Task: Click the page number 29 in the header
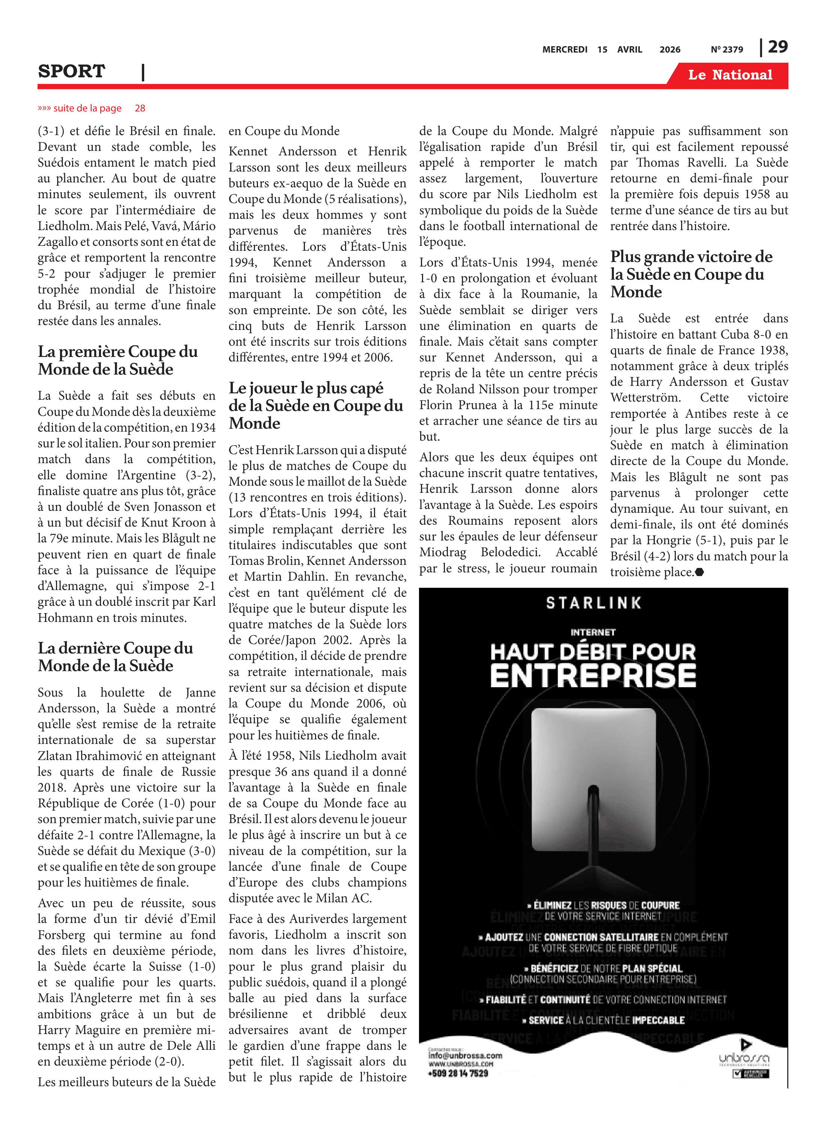pyautogui.click(x=778, y=47)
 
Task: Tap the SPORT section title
pyautogui.click(x=71, y=71)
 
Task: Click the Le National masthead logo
pyautogui.click(x=730, y=75)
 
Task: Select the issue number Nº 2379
pyautogui.click(x=727, y=50)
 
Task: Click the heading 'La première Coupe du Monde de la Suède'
pyautogui.click(x=118, y=360)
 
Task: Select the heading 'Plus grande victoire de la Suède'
pyautogui.click(x=691, y=274)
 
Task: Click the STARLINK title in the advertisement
pyautogui.click(x=594, y=603)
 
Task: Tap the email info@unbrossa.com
pyautogui.click(x=465, y=1055)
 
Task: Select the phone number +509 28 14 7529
pyautogui.click(x=458, y=1073)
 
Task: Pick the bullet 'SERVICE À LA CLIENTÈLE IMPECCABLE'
pyautogui.click(x=603, y=1021)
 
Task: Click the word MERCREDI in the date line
pyautogui.click(x=565, y=50)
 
